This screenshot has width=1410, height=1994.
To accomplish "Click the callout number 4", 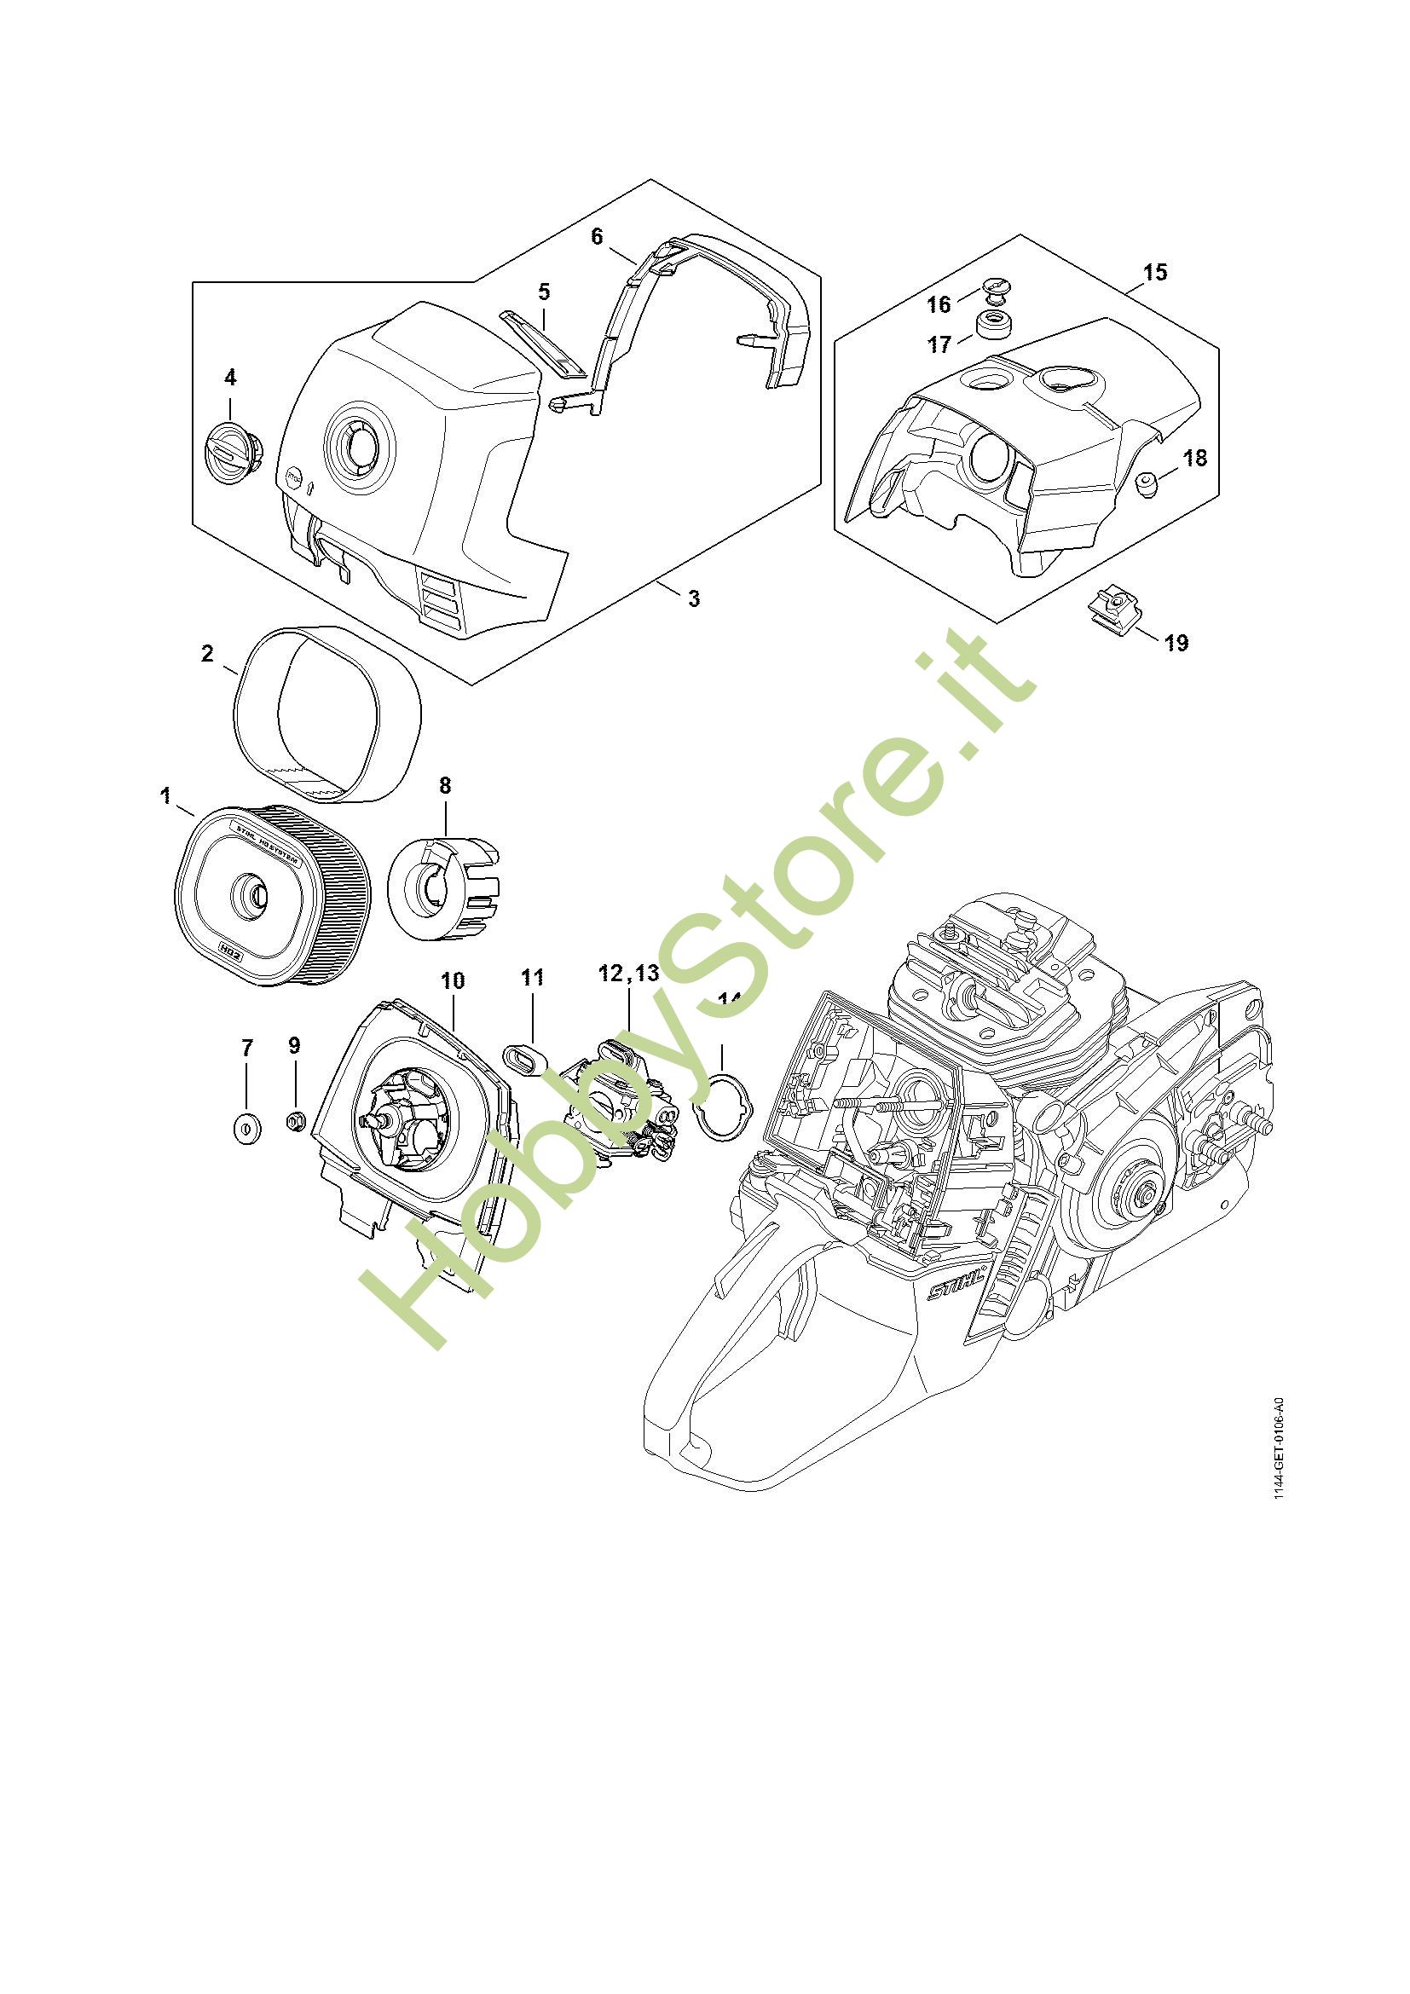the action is [x=230, y=377].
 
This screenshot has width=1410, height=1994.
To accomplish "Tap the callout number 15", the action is [x=1155, y=272].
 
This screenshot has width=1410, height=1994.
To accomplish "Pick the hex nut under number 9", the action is [x=295, y=1121].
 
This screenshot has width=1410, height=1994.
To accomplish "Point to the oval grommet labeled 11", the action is [x=525, y=1060].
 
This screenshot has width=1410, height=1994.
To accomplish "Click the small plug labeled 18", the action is [x=1150, y=483].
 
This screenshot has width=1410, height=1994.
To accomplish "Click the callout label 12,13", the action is [x=628, y=974].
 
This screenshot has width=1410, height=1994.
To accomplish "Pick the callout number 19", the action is [x=1176, y=643].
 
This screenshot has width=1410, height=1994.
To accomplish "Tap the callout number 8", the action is [x=444, y=785].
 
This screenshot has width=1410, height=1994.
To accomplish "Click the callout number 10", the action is [x=453, y=981].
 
